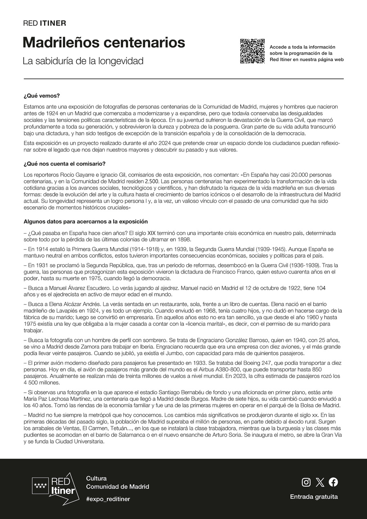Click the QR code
point(252,51)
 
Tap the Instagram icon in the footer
point(306,482)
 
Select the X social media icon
point(320,482)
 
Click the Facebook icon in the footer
point(333,482)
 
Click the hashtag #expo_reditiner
point(108,499)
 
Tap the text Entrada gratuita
point(314,497)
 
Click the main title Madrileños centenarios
point(104,42)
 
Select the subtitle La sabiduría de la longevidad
point(83,61)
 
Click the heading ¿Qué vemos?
point(42,96)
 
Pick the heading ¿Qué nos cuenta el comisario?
point(64,164)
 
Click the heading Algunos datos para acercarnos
point(85,222)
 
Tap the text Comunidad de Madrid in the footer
point(117,487)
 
